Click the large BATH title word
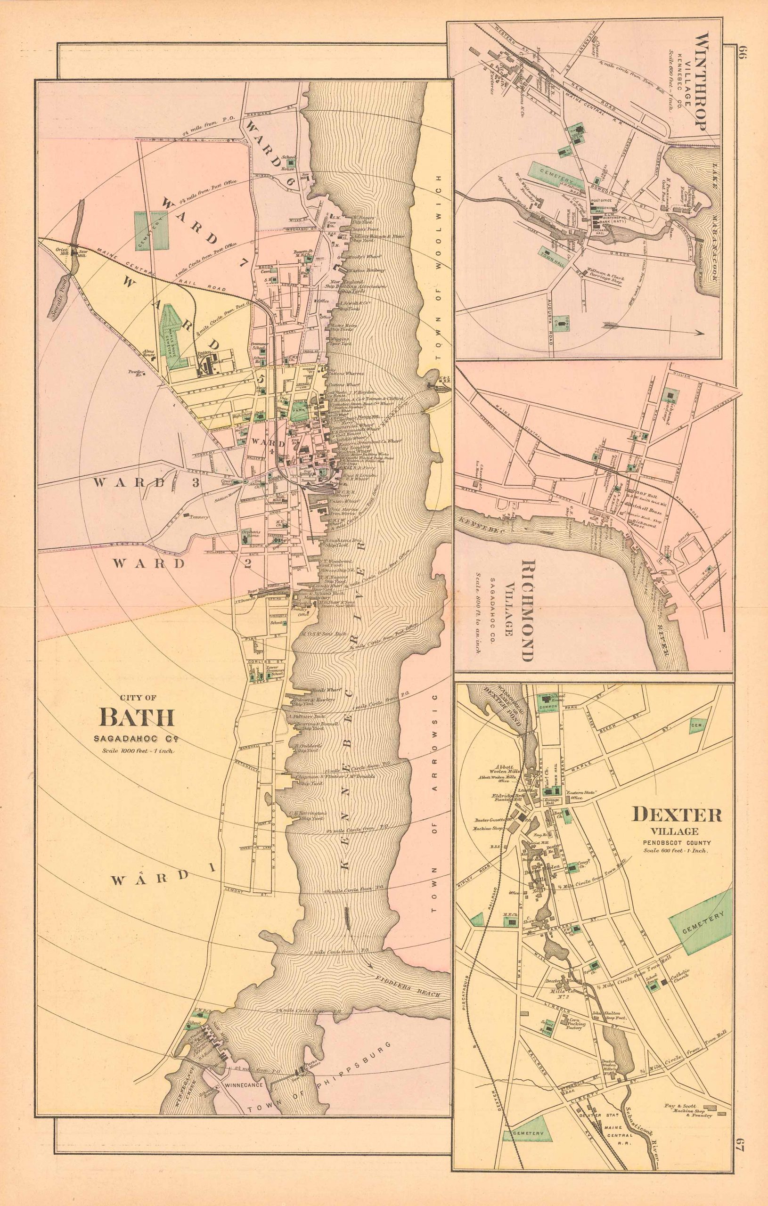(138, 717)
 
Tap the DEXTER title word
(678, 815)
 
